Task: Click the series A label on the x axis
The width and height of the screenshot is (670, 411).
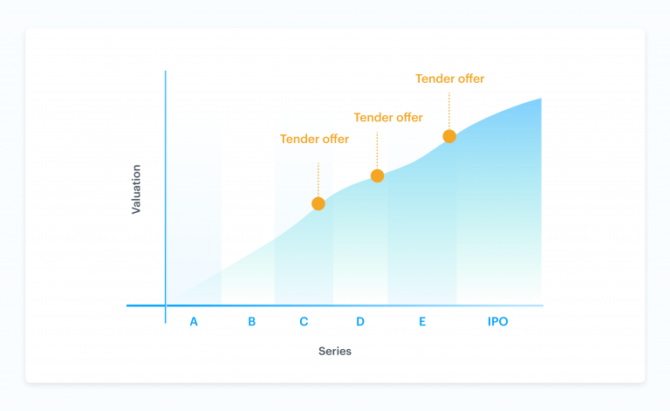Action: pyautogui.click(x=194, y=322)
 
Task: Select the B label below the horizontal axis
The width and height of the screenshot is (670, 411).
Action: pyautogui.click(x=251, y=322)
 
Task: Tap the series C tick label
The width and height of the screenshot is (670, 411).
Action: pyautogui.click(x=304, y=322)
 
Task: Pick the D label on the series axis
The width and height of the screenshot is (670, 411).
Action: pyautogui.click(x=360, y=322)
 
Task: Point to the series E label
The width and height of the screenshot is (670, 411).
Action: pyautogui.click(x=422, y=322)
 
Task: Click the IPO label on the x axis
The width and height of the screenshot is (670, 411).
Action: pyautogui.click(x=498, y=322)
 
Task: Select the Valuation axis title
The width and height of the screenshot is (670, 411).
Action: pyautogui.click(x=136, y=189)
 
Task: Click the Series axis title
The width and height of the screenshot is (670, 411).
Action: pyautogui.click(x=335, y=351)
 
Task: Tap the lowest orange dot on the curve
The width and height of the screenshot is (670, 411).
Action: pyautogui.click(x=318, y=204)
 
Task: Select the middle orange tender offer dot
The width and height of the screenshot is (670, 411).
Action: pyautogui.click(x=377, y=175)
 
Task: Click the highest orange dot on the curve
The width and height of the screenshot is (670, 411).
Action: pyautogui.click(x=449, y=136)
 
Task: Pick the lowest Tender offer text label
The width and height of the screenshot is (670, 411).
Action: pyautogui.click(x=314, y=139)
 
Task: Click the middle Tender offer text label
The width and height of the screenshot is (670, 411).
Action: pyautogui.click(x=388, y=118)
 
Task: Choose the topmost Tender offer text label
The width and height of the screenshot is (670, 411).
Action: pyautogui.click(x=450, y=79)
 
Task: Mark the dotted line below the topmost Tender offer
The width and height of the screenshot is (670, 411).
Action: pyautogui.click(x=449, y=111)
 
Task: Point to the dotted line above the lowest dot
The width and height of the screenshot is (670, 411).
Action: pyautogui.click(x=318, y=180)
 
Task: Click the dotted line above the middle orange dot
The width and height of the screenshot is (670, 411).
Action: pyautogui.click(x=377, y=150)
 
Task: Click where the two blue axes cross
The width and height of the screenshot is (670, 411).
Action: pyautogui.click(x=166, y=305)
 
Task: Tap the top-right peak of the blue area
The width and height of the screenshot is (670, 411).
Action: pyautogui.click(x=541, y=99)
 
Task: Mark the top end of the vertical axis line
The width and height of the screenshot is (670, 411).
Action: pyautogui.click(x=166, y=71)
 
